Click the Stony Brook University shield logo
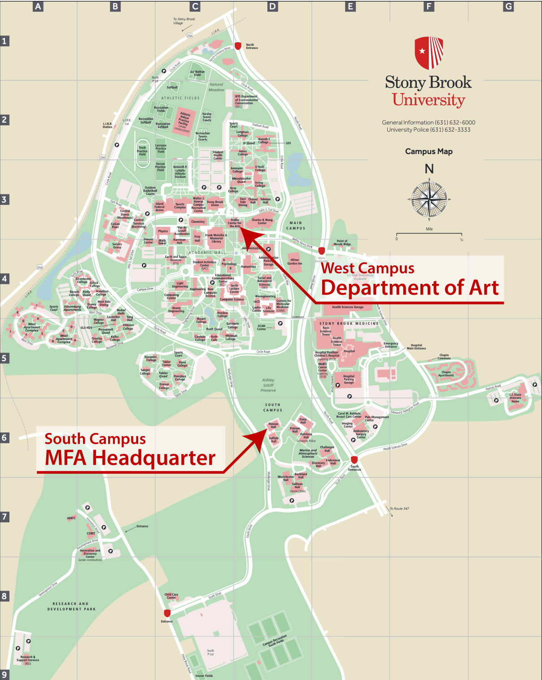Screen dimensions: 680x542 click(429, 53)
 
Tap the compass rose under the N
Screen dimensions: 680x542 click(429, 199)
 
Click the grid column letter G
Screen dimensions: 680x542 click(508, 6)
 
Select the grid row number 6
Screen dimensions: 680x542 click(4, 437)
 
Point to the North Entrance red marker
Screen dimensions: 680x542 click(238, 45)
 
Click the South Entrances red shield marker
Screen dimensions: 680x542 click(354, 459)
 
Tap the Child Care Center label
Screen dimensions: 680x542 click(171, 596)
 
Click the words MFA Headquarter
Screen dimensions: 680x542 click(130, 458)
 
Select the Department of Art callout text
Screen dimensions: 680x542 click(410, 287)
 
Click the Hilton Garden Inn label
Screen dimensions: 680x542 click(295, 261)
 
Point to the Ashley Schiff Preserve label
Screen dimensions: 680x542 click(268, 385)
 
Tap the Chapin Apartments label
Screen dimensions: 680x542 click(446, 374)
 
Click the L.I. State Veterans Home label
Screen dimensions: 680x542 click(515, 398)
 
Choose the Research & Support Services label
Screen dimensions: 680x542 click(28, 658)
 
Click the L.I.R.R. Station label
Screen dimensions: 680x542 click(108, 125)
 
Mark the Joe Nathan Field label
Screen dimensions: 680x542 click(197, 73)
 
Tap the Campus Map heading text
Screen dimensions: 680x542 click(429, 151)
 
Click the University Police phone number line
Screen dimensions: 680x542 click(428, 130)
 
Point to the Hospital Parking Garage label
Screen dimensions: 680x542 click(349, 380)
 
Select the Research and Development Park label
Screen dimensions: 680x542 click(71, 606)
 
